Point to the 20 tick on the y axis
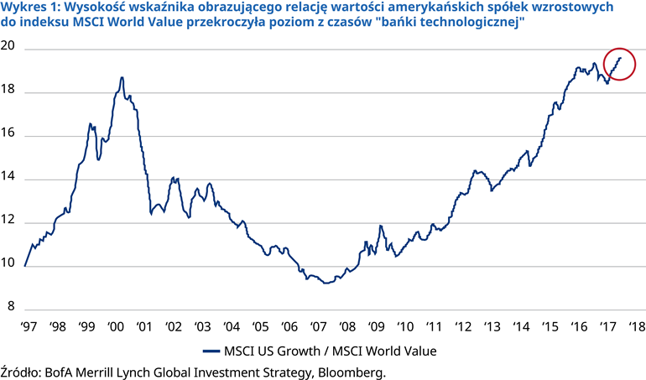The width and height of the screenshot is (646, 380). point(8,49)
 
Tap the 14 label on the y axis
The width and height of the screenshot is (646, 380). point(8,179)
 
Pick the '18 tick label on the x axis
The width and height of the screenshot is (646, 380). point(634,325)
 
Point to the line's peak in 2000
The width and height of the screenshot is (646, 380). point(122,77)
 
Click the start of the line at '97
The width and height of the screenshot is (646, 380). point(25,266)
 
